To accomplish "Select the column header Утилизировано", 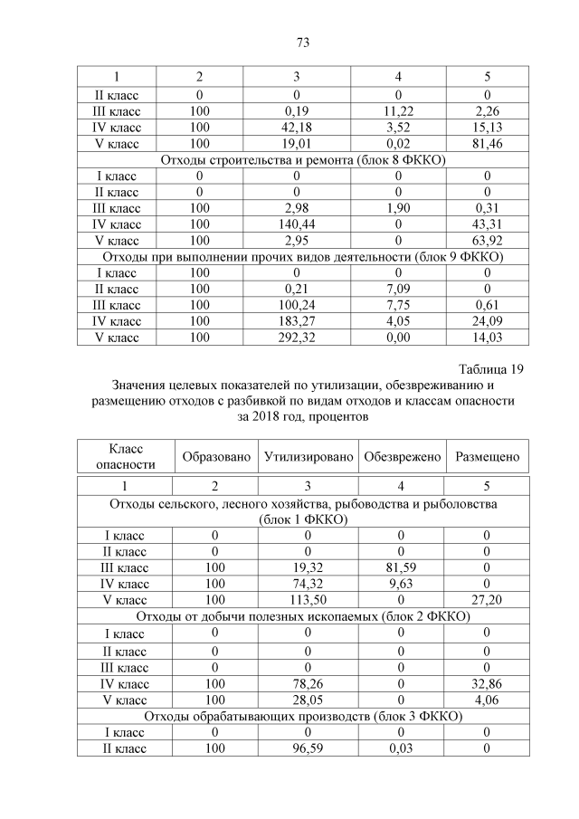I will (x=308, y=457).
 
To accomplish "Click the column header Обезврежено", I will (x=402, y=457).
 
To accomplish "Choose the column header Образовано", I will (x=216, y=457).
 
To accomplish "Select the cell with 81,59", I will (x=402, y=567).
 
